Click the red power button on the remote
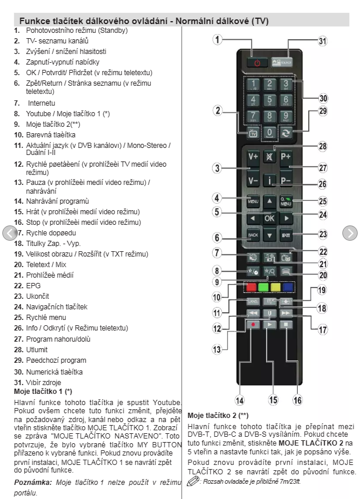tap(257, 61)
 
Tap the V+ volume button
tap(253, 157)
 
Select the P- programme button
tap(287, 180)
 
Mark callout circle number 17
tap(322, 329)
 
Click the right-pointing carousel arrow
tap(349, 233)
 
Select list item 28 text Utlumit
tap(37, 349)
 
